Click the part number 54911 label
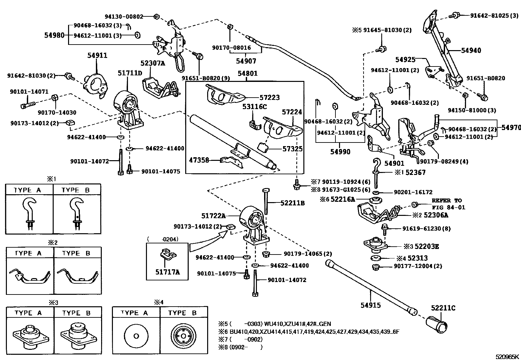tap(97, 56)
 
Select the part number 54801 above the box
tap(247, 73)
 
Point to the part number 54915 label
tap(371, 305)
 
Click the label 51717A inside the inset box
tap(167, 272)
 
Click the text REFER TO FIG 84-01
tap(448, 204)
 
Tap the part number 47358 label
tap(199, 161)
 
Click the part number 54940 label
tap(471, 50)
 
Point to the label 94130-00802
tap(124, 16)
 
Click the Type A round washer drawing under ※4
tap(136, 336)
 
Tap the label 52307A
tap(153, 64)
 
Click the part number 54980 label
tap(54, 35)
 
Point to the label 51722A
tap(213, 216)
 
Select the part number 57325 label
tap(292, 149)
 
